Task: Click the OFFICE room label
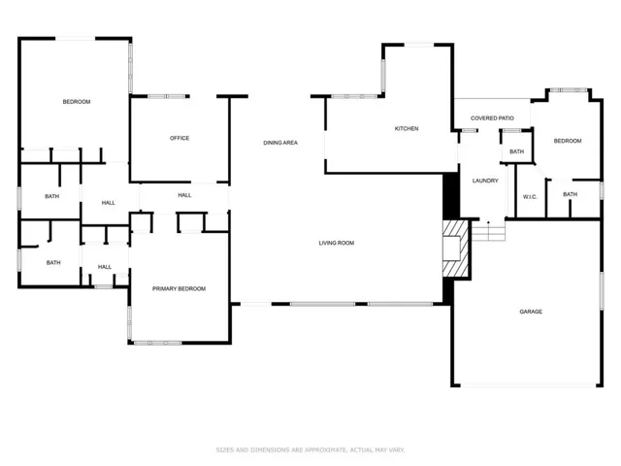tap(180, 138)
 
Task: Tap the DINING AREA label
tap(280, 143)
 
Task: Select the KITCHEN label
tap(407, 128)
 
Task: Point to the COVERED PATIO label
tap(492, 118)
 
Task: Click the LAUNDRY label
tap(485, 181)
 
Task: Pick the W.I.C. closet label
tap(530, 197)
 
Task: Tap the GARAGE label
tap(531, 312)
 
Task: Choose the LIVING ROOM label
tap(337, 243)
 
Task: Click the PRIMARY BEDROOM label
tap(179, 289)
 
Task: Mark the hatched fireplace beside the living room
tap(456, 249)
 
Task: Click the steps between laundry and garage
tap(489, 231)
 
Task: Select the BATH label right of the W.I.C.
tap(570, 194)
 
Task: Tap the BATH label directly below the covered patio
tap(516, 151)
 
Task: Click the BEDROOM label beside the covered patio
tap(568, 141)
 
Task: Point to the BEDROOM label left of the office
tap(77, 102)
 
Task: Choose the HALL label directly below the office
tap(184, 195)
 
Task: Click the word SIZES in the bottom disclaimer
tap(224, 449)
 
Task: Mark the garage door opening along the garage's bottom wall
tap(528, 384)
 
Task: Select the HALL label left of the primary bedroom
tap(105, 267)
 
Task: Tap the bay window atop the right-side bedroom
tap(568, 90)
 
